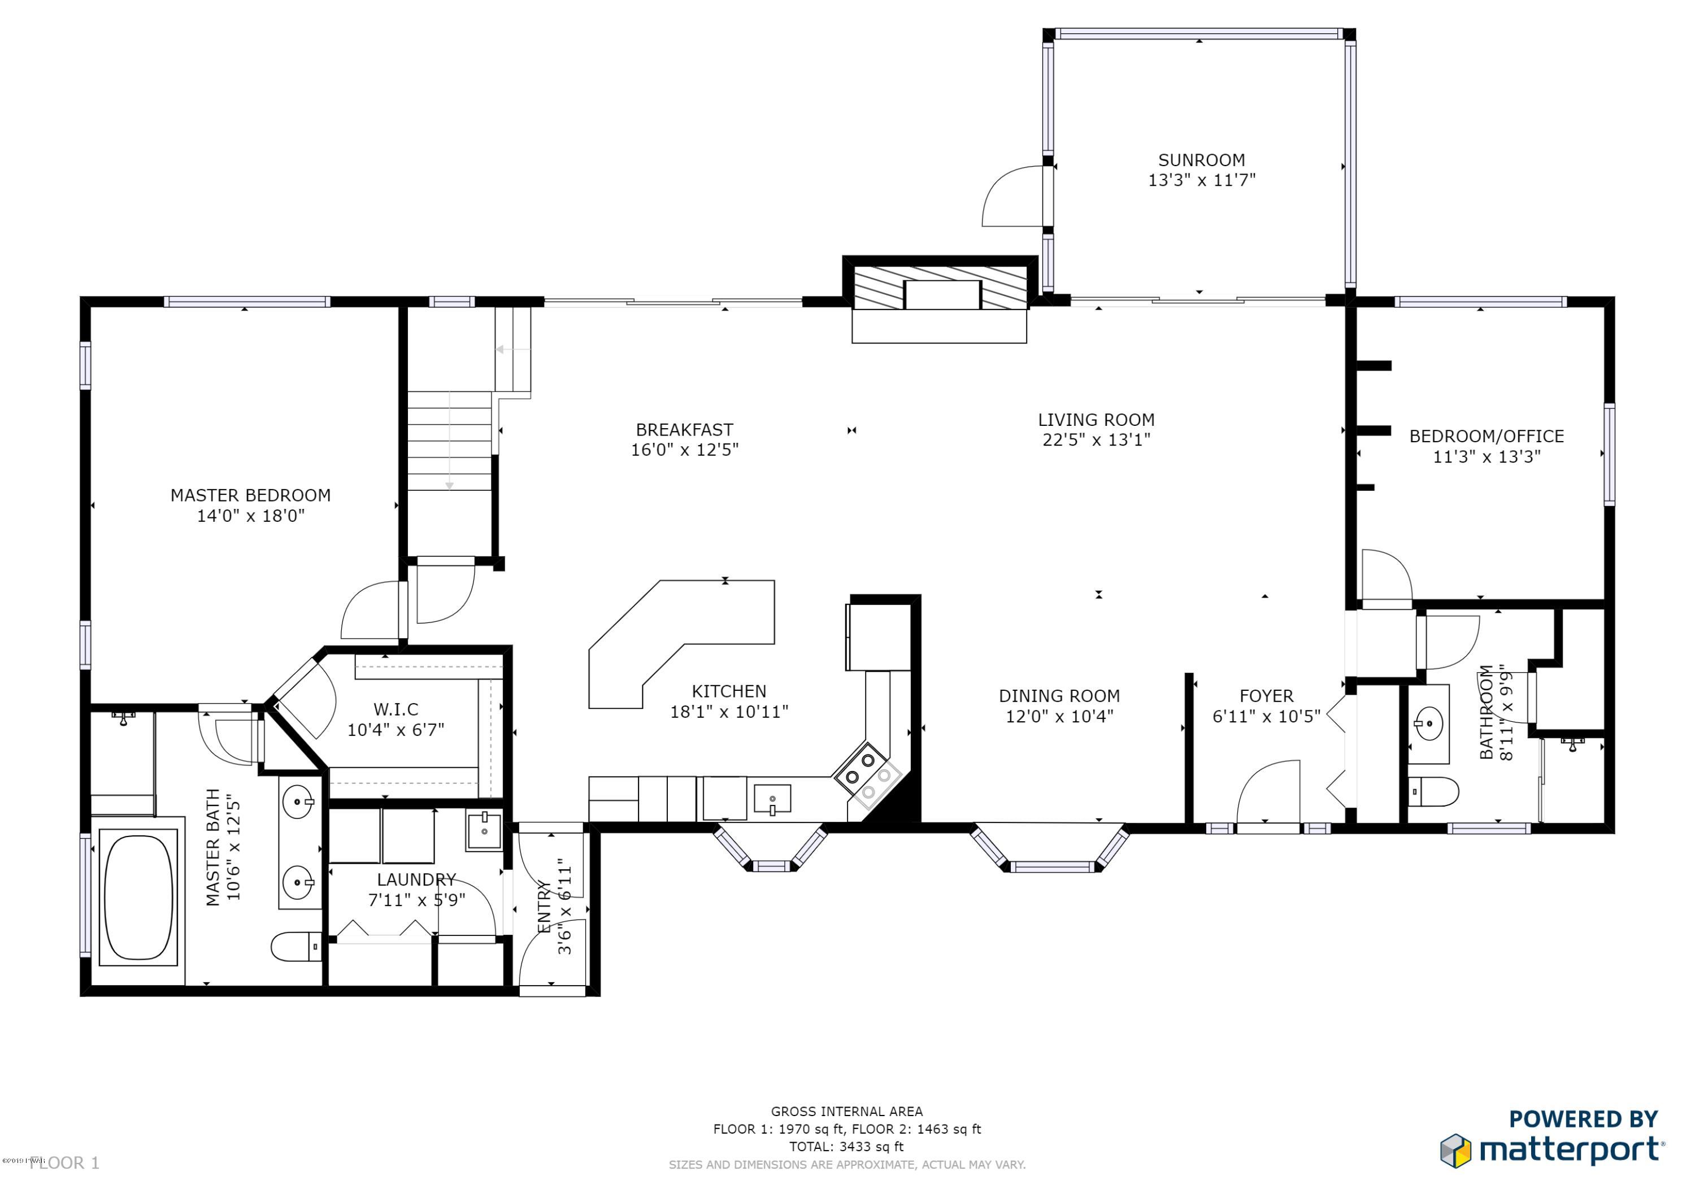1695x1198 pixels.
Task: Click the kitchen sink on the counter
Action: [x=772, y=799]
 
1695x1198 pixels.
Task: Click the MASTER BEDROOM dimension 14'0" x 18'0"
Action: [x=250, y=515]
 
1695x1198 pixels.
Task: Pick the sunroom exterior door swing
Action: [x=1013, y=197]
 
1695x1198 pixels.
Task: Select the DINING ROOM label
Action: [x=1059, y=696]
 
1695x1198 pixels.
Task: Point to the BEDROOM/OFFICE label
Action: [x=1486, y=436]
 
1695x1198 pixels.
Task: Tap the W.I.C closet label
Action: [x=395, y=709]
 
